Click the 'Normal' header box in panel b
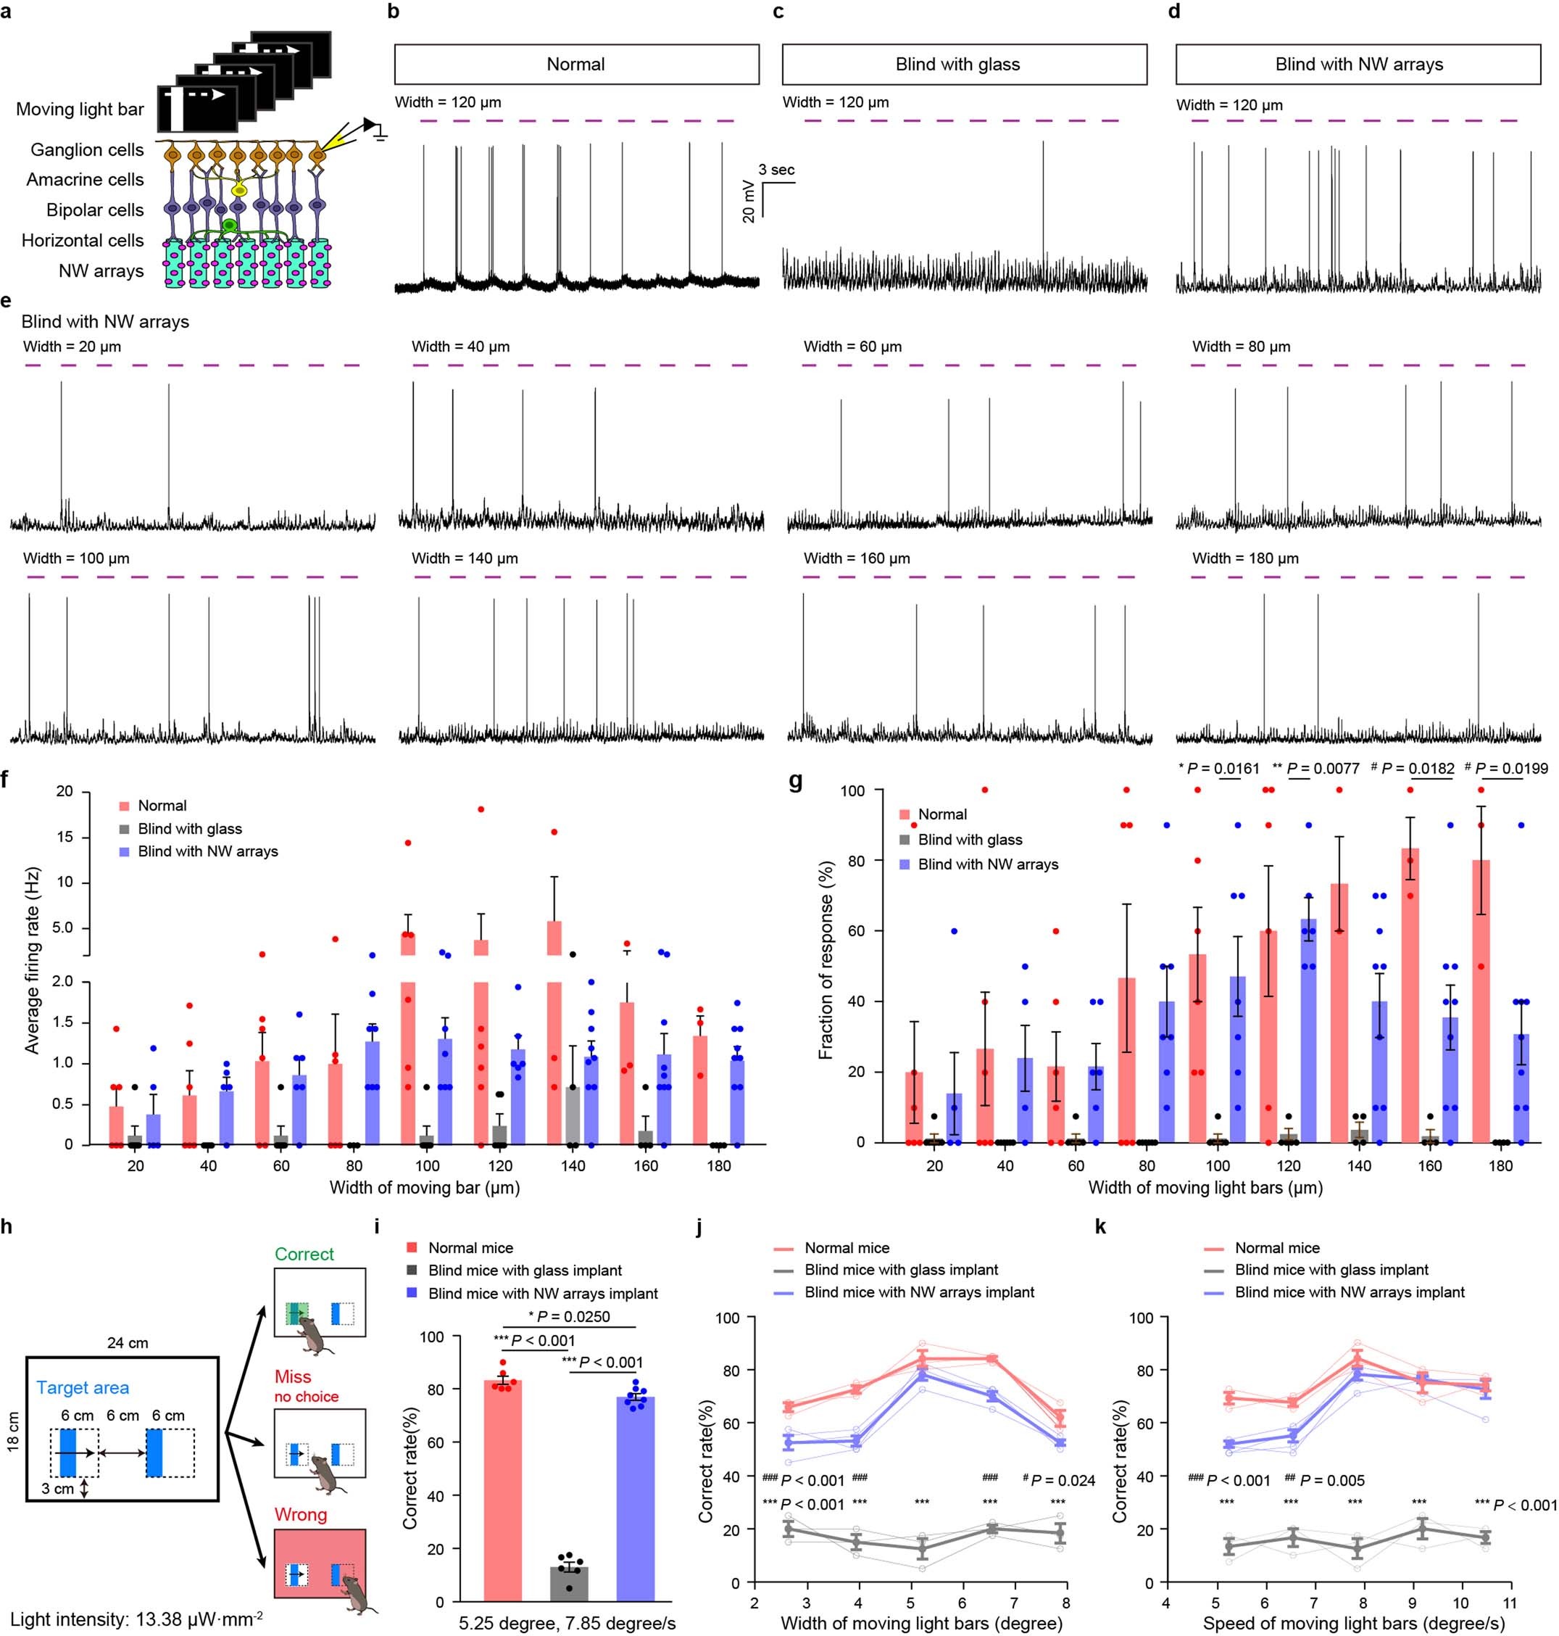pos(576,64)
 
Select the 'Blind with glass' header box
pos(964,64)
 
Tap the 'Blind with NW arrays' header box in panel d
pos(1358,64)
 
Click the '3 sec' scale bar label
pos(776,170)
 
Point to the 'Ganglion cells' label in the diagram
pos(87,149)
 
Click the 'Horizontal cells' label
pos(83,240)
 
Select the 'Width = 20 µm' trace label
pos(72,347)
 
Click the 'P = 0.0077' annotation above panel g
pos(1322,768)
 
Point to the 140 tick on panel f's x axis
pos(573,1165)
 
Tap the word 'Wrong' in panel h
pos(300,1515)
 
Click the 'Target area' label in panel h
pos(83,1387)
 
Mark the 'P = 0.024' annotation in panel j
pos(1063,1481)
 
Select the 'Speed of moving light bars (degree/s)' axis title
pos(1354,1623)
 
